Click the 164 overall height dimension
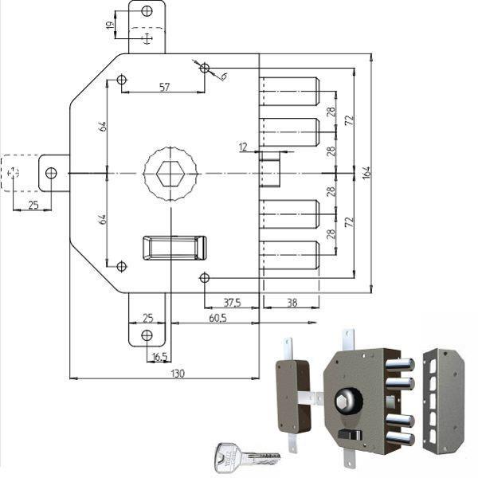366,173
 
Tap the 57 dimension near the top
164,87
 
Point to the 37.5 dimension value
232,302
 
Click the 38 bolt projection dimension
292,302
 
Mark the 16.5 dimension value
159,356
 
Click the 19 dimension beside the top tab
110,25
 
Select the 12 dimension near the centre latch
242,146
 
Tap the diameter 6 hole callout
222,76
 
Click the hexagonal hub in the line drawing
170,173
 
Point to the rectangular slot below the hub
174,248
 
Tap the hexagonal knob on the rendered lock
347,398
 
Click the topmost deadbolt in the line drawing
290,92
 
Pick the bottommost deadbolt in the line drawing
290,255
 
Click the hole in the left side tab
51,173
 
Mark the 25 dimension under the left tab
33,205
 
